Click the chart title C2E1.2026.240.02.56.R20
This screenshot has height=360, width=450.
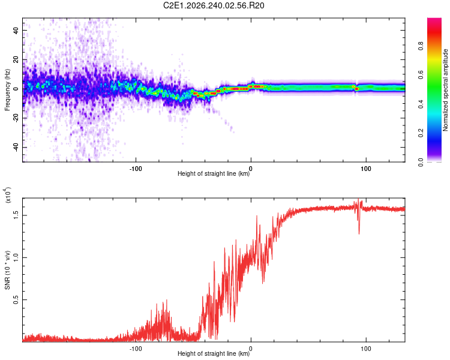click(x=214, y=5)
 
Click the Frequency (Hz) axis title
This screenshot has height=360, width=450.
click(x=7, y=90)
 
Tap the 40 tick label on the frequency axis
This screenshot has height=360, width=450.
click(x=16, y=30)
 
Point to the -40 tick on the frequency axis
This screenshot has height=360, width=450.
click(x=16, y=148)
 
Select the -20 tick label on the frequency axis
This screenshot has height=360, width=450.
click(x=16, y=118)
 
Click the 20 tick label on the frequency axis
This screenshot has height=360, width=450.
click(x=16, y=59)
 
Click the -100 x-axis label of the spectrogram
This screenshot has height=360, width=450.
click(x=136, y=169)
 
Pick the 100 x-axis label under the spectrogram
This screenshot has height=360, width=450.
click(x=366, y=169)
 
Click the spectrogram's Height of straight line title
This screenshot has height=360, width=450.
click(x=214, y=173)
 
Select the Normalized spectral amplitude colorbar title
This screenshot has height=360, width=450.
click(x=445, y=90)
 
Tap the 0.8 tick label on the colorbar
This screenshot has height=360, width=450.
click(x=421, y=46)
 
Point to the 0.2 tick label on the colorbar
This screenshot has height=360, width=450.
click(x=421, y=133)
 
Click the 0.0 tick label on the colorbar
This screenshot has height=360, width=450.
click(x=421, y=162)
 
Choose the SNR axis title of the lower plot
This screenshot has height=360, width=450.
click(x=7, y=270)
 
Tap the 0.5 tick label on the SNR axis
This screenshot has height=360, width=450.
click(x=16, y=300)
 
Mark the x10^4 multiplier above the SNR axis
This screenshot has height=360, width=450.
click(x=8, y=195)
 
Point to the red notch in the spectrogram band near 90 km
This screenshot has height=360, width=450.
click(x=356, y=89)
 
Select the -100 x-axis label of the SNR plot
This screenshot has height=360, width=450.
click(x=136, y=349)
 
